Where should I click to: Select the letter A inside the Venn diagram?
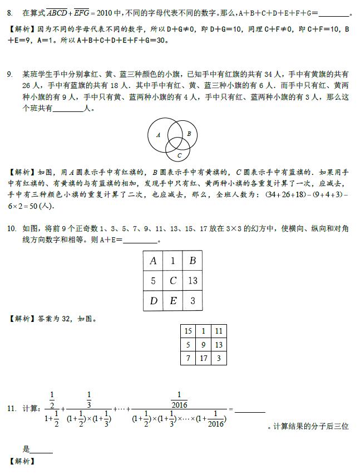tap(158, 135)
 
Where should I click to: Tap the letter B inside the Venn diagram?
tap(189, 134)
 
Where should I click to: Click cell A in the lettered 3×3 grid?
tap(154, 261)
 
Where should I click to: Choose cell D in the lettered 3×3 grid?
tap(154, 301)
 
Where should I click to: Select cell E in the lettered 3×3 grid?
tap(173, 301)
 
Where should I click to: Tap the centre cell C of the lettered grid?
tap(173, 281)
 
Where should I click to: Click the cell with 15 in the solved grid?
tap(188, 331)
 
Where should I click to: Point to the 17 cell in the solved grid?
tap(204, 358)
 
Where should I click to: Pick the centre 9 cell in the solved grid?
tap(204, 345)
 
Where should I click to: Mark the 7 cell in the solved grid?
tap(188, 358)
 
